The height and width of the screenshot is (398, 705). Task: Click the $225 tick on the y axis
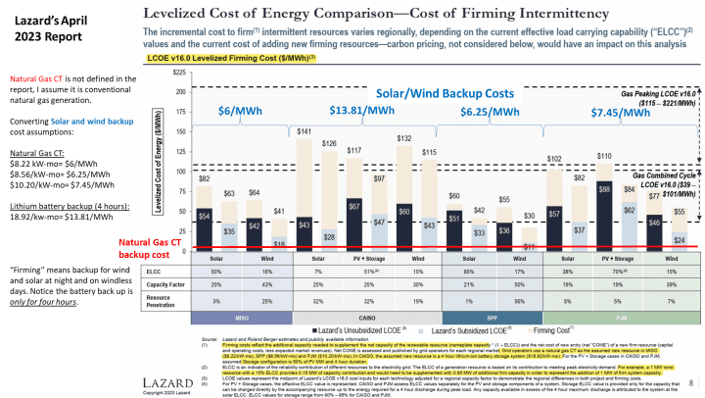[x=178, y=73]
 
